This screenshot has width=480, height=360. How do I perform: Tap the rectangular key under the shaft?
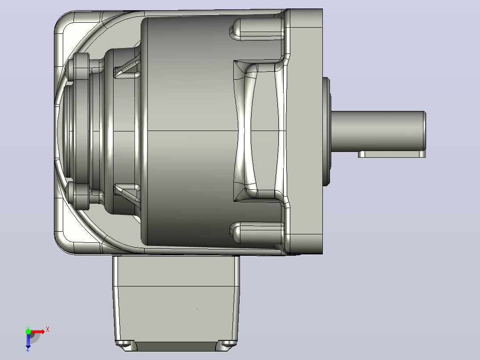392,154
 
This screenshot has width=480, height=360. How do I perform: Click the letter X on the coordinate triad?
48,330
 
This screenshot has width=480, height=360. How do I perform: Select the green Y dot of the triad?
28,331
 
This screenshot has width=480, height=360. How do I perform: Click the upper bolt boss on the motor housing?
258,29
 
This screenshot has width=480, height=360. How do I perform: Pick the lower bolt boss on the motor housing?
258,233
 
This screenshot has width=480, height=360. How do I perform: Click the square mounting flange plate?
305,131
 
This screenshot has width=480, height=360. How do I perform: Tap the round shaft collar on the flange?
327,131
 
